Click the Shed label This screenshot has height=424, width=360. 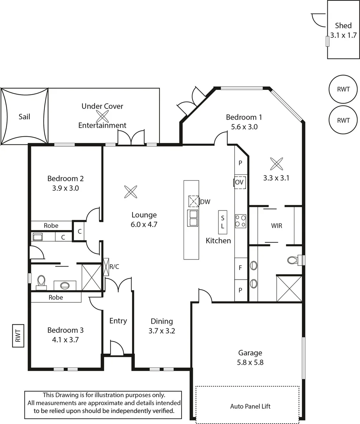343,26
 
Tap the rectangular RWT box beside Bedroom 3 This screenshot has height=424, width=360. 18,335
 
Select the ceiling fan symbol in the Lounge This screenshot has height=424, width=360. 130,192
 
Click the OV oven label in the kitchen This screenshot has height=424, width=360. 240,182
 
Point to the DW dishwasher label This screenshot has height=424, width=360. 205,202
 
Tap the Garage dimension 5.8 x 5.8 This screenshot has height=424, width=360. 250,362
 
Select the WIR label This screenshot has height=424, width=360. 277,226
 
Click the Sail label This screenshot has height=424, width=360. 24,117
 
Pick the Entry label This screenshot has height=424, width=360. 118,321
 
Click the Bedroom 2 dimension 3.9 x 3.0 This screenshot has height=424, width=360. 66,188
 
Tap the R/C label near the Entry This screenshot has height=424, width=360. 114,267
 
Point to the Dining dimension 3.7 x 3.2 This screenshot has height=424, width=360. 162,331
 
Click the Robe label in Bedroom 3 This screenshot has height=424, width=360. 56,298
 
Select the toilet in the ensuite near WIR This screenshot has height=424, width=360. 292,260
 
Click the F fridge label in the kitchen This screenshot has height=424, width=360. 240,269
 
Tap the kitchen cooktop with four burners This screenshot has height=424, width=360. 241,221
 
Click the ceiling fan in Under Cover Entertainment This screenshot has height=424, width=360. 103,116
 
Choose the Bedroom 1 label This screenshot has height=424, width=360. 244,117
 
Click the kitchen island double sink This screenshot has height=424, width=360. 193,218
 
